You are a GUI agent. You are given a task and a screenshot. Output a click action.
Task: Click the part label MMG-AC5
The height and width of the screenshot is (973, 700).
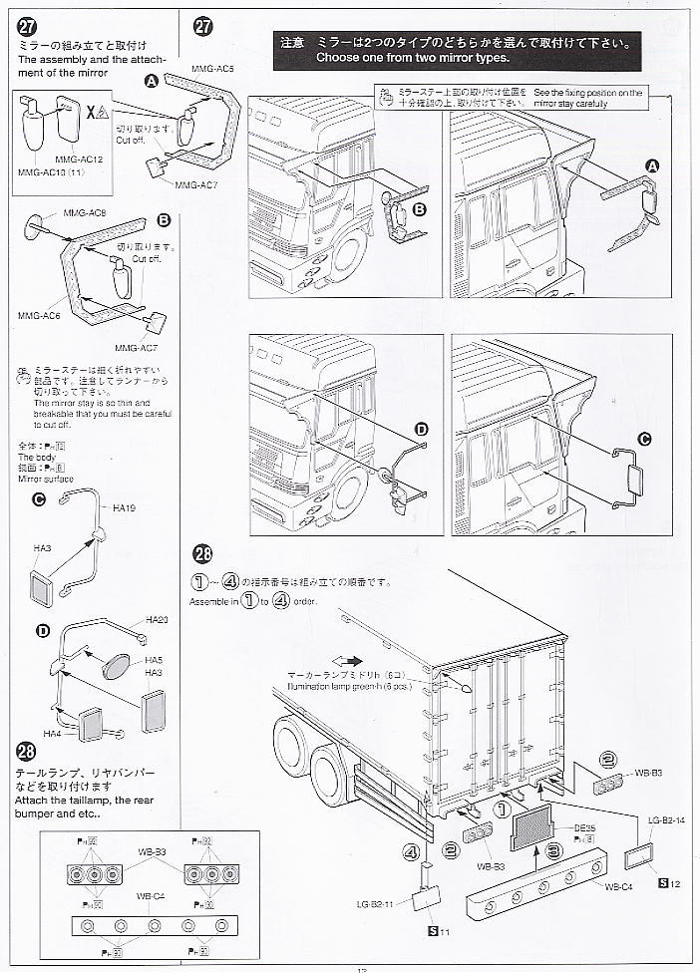tap(213, 68)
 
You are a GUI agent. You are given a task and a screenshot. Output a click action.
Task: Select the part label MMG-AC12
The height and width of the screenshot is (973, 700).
tap(80, 159)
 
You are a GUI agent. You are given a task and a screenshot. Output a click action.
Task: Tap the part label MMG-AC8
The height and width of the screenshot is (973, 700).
tap(84, 213)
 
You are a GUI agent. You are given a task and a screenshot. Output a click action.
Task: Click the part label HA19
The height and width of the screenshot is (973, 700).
tap(125, 508)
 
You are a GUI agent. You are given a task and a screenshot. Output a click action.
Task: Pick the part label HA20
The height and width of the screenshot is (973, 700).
tap(157, 620)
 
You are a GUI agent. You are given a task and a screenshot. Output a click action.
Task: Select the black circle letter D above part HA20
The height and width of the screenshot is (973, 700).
tap(43, 630)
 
